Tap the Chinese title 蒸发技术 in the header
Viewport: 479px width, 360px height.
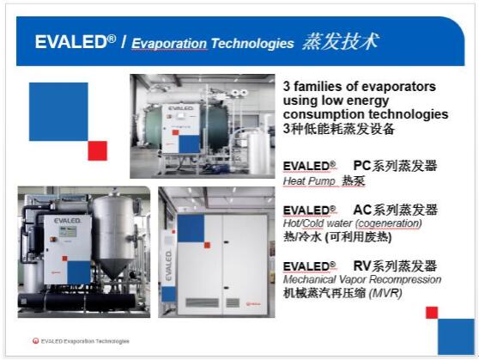click(x=341, y=41)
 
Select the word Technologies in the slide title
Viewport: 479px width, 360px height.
click(x=252, y=43)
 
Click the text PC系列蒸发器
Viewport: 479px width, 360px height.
click(x=395, y=166)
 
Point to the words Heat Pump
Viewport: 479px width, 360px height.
click(x=309, y=181)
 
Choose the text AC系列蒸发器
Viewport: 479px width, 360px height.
click(x=395, y=210)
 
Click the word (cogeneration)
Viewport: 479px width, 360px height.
click(x=389, y=223)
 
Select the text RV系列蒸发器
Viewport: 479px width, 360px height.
click(x=395, y=266)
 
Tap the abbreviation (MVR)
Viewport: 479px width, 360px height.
click(x=385, y=293)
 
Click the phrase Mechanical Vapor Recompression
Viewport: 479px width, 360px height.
click(x=362, y=279)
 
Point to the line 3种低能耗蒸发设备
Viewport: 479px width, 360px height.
click(x=338, y=129)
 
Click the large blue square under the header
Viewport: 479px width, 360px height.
click(x=58, y=112)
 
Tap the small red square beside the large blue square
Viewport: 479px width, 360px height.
click(x=98, y=150)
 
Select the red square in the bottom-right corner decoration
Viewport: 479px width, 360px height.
click(x=432, y=313)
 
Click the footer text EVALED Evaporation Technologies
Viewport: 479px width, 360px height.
click(x=85, y=341)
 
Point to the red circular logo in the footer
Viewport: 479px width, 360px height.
click(x=36, y=341)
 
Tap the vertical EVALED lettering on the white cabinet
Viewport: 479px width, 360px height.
click(x=168, y=265)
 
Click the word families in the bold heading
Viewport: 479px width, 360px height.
click(x=318, y=87)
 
